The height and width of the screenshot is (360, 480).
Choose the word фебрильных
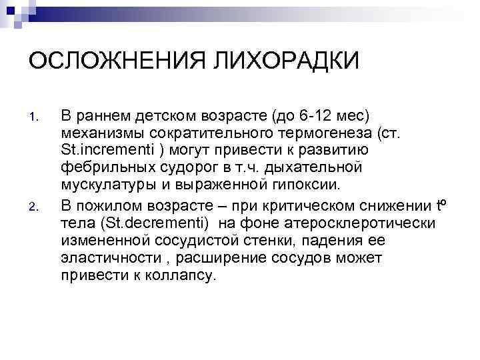tap(99, 165)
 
